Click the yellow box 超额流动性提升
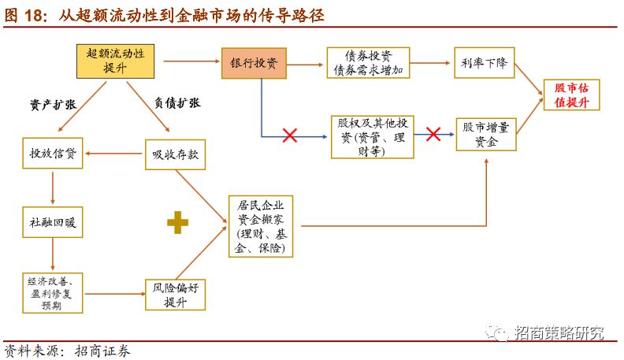click(x=115, y=61)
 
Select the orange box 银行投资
click(x=254, y=61)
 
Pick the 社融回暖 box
click(x=53, y=223)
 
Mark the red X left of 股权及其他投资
click(x=289, y=135)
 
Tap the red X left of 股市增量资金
click(x=433, y=135)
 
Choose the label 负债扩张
click(x=177, y=103)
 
